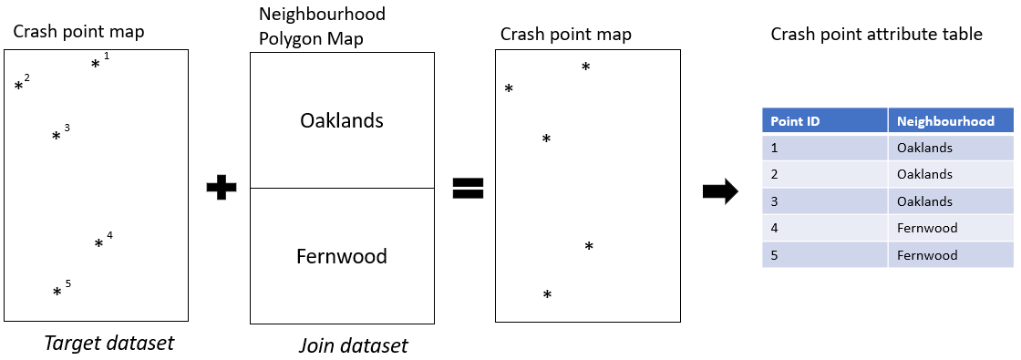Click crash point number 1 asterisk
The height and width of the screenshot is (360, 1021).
(x=95, y=65)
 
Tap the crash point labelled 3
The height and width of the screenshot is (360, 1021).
(x=56, y=137)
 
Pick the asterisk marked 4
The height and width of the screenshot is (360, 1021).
(x=98, y=244)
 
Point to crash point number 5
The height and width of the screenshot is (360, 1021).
(x=57, y=293)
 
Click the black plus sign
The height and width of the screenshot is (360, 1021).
(x=221, y=188)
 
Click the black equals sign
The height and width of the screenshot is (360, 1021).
(x=468, y=188)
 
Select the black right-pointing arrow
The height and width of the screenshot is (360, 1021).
(x=720, y=191)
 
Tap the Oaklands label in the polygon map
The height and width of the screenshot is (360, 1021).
(x=342, y=120)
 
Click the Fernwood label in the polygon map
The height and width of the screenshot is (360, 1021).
(x=342, y=256)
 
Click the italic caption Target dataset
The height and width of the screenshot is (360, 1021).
(x=108, y=344)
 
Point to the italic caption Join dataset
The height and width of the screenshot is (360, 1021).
(x=353, y=345)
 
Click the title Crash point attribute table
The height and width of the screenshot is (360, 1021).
(x=876, y=35)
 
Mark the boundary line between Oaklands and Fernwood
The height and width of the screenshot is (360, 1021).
(x=342, y=188)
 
